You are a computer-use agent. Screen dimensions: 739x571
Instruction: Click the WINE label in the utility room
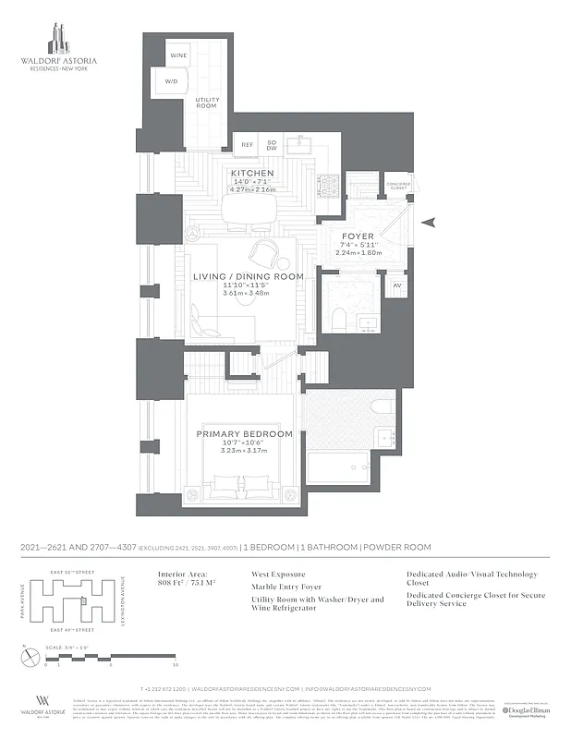(x=177, y=56)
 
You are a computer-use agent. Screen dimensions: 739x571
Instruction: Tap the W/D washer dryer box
(x=171, y=82)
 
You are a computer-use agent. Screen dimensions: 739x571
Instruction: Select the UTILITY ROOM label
(x=205, y=103)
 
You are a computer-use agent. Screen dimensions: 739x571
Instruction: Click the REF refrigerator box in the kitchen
(x=247, y=145)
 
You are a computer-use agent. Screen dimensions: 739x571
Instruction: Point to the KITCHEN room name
(x=251, y=174)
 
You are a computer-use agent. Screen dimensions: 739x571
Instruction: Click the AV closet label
(x=396, y=286)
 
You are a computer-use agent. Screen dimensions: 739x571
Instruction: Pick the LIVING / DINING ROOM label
(x=248, y=277)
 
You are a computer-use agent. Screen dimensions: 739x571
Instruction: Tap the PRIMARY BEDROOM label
(x=245, y=434)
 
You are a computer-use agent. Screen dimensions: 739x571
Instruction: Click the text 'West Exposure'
(x=279, y=574)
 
